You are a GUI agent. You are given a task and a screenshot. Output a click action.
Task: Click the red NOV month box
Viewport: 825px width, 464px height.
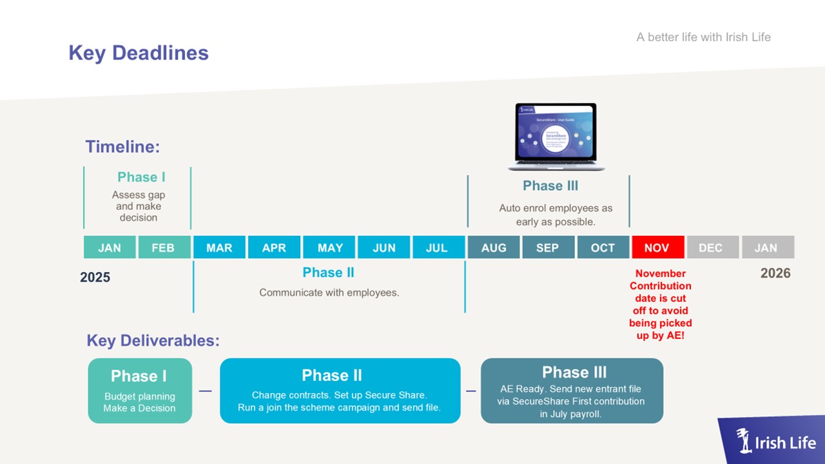click(x=657, y=247)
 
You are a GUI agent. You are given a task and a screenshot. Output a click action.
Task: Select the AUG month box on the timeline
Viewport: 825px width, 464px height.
click(x=494, y=247)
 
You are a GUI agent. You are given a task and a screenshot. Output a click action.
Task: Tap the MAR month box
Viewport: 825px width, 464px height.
click(x=219, y=247)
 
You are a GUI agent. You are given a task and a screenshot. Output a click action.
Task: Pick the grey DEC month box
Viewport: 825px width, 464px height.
click(x=711, y=247)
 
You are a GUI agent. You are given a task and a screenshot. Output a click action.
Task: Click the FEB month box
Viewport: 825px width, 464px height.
click(x=164, y=247)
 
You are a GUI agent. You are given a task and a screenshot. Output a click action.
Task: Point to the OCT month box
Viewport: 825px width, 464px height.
click(x=603, y=247)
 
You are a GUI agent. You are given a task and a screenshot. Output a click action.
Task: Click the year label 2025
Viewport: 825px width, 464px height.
click(x=95, y=278)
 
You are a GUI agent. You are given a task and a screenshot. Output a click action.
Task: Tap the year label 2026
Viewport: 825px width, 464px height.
click(x=775, y=273)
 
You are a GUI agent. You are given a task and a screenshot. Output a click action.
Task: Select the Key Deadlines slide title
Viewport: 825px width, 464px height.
click(x=139, y=53)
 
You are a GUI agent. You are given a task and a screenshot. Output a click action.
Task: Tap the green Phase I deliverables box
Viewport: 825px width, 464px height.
click(x=140, y=391)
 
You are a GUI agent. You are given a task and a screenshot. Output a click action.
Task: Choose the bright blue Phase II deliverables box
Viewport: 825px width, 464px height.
click(x=340, y=391)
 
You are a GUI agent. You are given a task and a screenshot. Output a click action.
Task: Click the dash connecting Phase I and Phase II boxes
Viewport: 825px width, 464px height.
click(x=206, y=391)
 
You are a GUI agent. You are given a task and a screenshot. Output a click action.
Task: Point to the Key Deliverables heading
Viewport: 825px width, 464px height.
click(x=153, y=340)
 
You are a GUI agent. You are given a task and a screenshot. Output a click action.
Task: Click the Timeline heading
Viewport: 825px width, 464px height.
click(x=122, y=147)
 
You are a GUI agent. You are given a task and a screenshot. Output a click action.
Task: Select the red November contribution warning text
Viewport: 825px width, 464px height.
click(x=661, y=305)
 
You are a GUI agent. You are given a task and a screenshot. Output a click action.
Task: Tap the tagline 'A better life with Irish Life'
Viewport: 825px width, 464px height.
click(x=703, y=37)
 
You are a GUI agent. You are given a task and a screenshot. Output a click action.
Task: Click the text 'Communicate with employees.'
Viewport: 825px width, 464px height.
click(x=329, y=293)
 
